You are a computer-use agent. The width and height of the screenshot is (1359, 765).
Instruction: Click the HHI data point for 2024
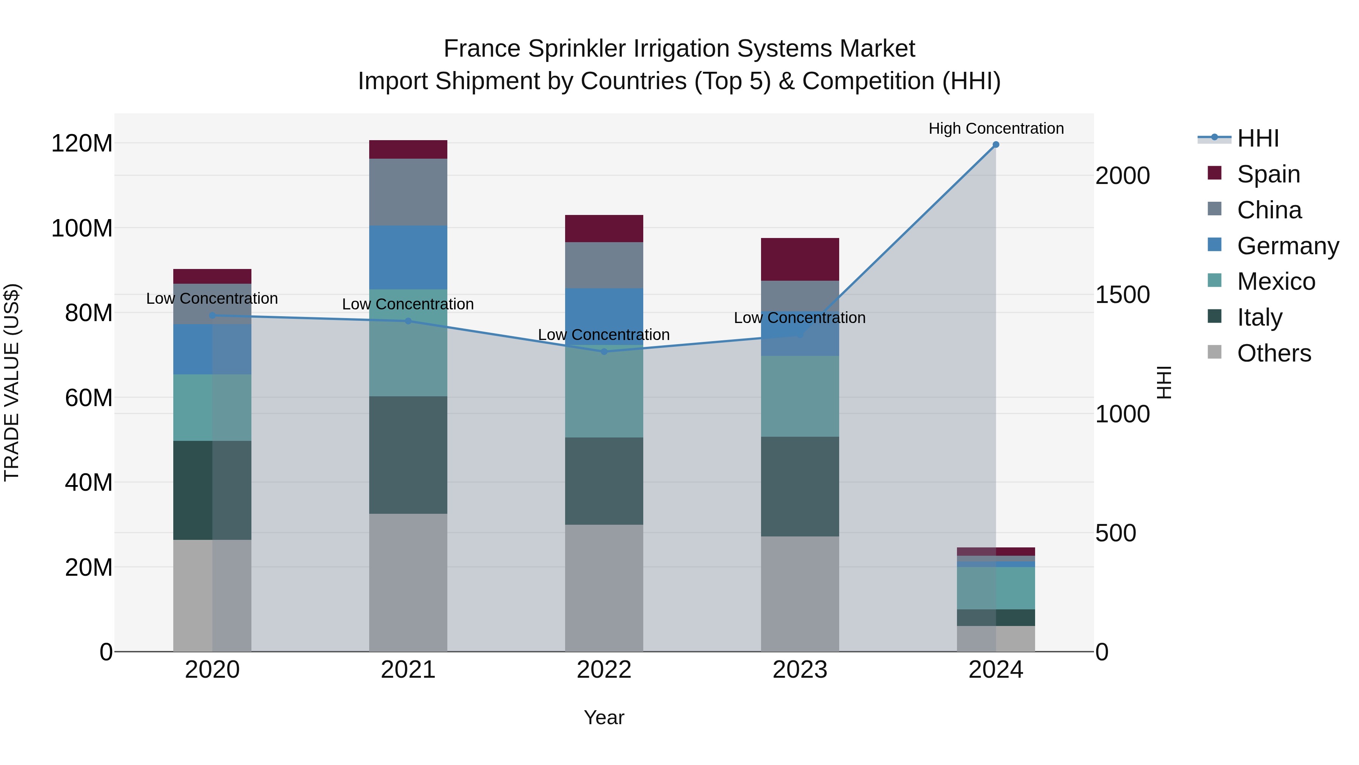(x=995, y=145)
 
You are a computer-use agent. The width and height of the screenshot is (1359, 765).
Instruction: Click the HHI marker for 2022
(x=604, y=352)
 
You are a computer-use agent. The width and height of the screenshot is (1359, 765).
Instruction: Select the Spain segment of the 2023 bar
(x=800, y=259)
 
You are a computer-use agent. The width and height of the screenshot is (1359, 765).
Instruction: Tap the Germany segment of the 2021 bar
(x=408, y=257)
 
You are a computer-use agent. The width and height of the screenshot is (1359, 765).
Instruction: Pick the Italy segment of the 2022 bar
(x=604, y=481)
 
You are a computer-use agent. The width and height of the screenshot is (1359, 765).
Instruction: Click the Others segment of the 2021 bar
(x=408, y=582)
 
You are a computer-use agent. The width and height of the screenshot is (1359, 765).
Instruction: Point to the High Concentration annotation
(x=995, y=129)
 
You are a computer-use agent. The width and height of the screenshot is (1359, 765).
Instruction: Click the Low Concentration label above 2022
(x=604, y=335)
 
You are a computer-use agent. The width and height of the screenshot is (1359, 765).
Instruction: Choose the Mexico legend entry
(x=1275, y=281)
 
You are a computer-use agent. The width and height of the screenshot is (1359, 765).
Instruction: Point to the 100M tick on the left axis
(x=82, y=229)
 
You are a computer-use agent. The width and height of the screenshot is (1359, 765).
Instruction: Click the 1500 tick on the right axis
(x=1122, y=295)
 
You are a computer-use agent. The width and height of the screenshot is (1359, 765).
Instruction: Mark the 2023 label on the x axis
(x=800, y=670)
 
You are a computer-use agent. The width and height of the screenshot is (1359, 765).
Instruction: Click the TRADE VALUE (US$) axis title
(x=12, y=382)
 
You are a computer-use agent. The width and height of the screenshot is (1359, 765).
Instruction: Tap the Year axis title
(x=604, y=717)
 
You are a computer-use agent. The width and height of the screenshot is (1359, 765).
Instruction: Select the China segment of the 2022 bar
(x=604, y=265)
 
